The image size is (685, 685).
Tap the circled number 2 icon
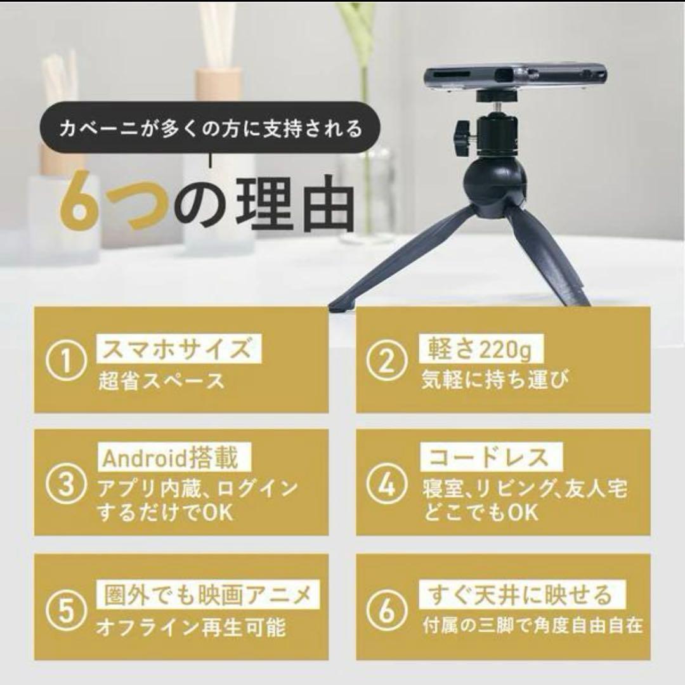[388, 363]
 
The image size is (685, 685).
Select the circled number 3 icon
[67, 486]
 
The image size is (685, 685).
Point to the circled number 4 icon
[388, 486]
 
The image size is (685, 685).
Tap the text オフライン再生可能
[191, 628]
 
